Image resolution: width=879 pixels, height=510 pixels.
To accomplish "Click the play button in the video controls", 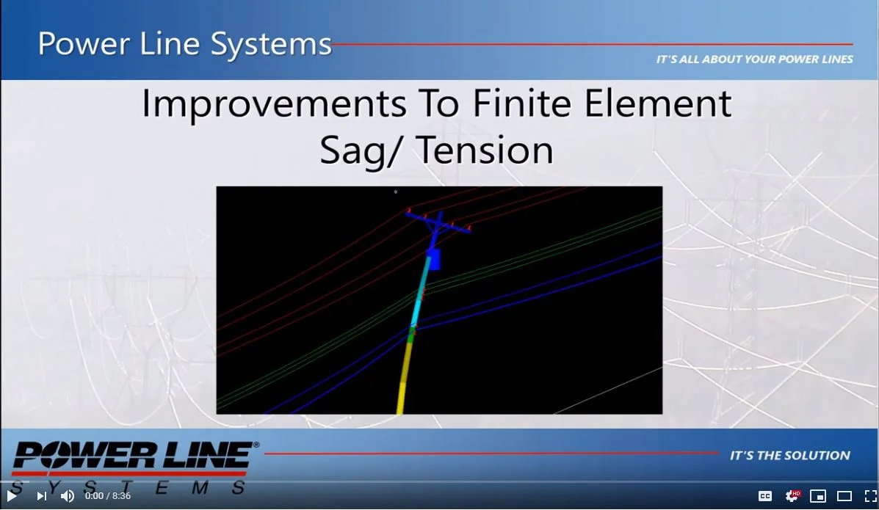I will pyautogui.click(x=12, y=496).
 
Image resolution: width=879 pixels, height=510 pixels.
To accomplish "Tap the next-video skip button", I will pyautogui.click(x=41, y=496).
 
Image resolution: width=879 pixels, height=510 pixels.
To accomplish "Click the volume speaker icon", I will pyautogui.click(x=67, y=496).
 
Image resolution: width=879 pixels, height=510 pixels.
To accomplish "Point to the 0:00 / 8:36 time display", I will pyautogui.click(x=108, y=496).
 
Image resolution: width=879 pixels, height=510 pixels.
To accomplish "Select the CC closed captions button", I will pyautogui.click(x=764, y=496).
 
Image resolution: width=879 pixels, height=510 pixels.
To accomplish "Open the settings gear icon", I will pyautogui.click(x=792, y=496).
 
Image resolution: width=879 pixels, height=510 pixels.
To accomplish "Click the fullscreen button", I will pyautogui.click(x=870, y=496).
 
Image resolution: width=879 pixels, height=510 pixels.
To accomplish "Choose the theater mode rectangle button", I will pyautogui.click(x=844, y=496).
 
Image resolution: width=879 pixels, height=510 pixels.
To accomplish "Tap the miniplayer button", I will pyautogui.click(x=818, y=496).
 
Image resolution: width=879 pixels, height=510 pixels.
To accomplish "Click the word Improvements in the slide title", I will pyautogui.click(x=273, y=104).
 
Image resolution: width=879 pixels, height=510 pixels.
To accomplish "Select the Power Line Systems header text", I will pyautogui.click(x=184, y=44).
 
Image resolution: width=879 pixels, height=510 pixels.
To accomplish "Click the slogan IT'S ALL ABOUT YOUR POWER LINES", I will pyautogui.click(x=754, y=59).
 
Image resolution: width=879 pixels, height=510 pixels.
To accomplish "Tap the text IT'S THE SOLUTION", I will pyautogui.click(x=789, y=456).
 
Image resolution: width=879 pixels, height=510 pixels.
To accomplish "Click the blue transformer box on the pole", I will pyautogui.click(x=433, y=259).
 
